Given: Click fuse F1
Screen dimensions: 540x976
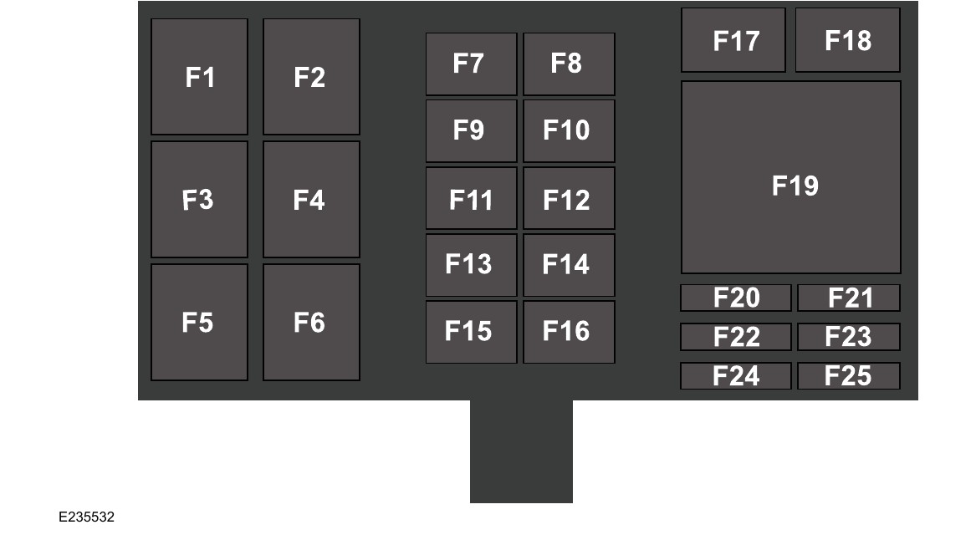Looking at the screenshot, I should [199, 77].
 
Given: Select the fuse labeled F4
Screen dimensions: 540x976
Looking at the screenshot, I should [311, 199].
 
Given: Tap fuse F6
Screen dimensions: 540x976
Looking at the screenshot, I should [311, 322].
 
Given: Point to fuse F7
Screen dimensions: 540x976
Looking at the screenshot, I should [471, 64].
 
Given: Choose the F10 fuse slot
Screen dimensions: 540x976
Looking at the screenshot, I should [569, 130].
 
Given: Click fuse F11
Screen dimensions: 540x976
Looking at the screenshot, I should [471, 198].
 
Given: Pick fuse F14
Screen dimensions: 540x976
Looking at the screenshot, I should [569, 265].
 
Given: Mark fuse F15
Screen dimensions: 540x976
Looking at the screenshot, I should [471, 332].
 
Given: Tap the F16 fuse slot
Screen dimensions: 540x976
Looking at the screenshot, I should [569, 332].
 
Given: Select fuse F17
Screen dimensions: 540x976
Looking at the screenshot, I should [733, 40].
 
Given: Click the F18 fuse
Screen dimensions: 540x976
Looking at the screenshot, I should [847, 40].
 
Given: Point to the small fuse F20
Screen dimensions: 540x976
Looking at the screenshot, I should [735, 298].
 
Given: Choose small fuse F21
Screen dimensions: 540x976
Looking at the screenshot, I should [849, 298].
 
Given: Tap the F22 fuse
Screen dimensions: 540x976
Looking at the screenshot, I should [735, 337].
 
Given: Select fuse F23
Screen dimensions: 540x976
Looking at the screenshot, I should [849, 337].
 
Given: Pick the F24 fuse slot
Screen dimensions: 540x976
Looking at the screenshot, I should [735, 376].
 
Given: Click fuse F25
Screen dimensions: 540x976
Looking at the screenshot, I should [849, 376].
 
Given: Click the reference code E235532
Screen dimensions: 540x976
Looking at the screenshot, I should [86, 517].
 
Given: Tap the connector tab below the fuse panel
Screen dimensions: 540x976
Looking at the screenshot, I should [521, 451].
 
